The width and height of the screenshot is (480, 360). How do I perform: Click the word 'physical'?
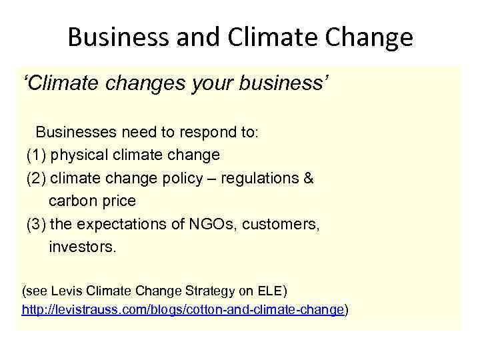click(77, 155)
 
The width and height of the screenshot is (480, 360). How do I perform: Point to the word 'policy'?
click(187, 178)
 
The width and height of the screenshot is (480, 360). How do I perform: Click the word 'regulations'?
click(263, 178)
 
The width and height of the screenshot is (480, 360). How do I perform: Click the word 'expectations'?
click(118, 225)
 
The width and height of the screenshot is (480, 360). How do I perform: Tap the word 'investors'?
click(82, 247)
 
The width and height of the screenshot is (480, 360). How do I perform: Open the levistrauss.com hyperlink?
click(183, 310)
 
